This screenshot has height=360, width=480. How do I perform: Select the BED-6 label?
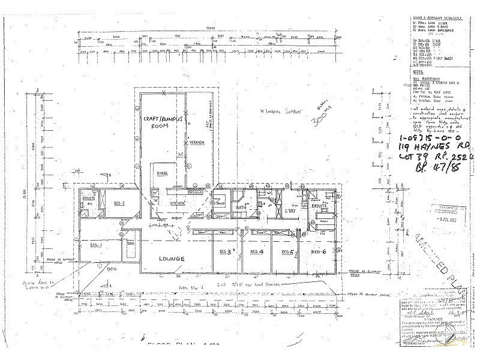tap(317, 252)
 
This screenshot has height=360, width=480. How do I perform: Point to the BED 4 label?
tap(257, 252)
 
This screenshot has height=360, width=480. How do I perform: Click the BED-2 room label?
tap(119, 203)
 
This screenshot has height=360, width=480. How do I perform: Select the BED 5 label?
tap(287, 252)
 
